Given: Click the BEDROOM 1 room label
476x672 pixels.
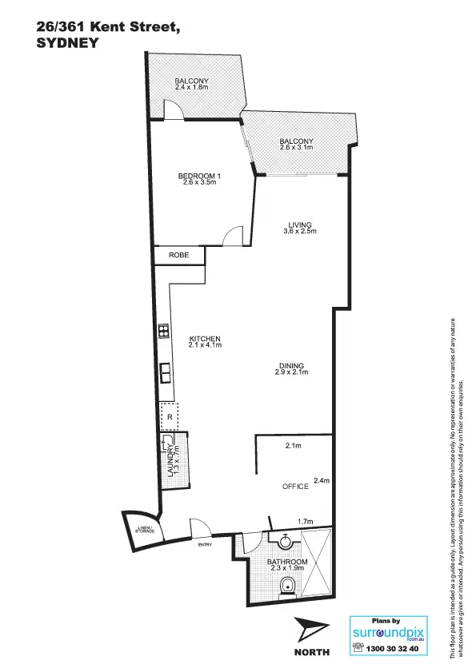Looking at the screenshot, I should tap(198, 175).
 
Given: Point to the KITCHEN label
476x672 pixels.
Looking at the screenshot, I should tap(204, 338).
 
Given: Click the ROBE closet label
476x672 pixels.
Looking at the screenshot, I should tap(178, 255).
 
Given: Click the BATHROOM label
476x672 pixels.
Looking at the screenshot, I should tap(287, 563).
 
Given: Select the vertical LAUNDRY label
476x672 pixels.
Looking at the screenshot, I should tap(170, 461).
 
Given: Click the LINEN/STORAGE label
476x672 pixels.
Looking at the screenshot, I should tap(144, 528).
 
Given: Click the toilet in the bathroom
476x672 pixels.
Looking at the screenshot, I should tap(286, 590).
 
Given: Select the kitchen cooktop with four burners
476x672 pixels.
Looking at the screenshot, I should tap(162, 330).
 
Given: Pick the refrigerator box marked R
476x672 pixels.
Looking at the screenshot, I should tap(169, 416).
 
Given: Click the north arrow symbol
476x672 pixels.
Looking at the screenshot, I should tap(311, 630).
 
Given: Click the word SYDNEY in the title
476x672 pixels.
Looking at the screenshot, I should tap(67, 45).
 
